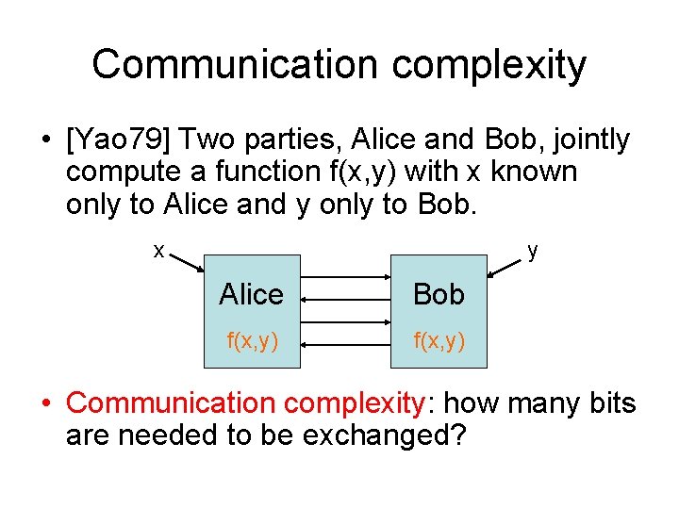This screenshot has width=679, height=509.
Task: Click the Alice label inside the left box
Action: [251, 294]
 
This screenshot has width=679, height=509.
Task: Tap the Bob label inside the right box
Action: [439, 294]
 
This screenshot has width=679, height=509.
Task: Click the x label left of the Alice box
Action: [159, 251]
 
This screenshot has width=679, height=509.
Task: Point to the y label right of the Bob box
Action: [533, 251]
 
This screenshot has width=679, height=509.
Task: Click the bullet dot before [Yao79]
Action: [45, 140]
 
